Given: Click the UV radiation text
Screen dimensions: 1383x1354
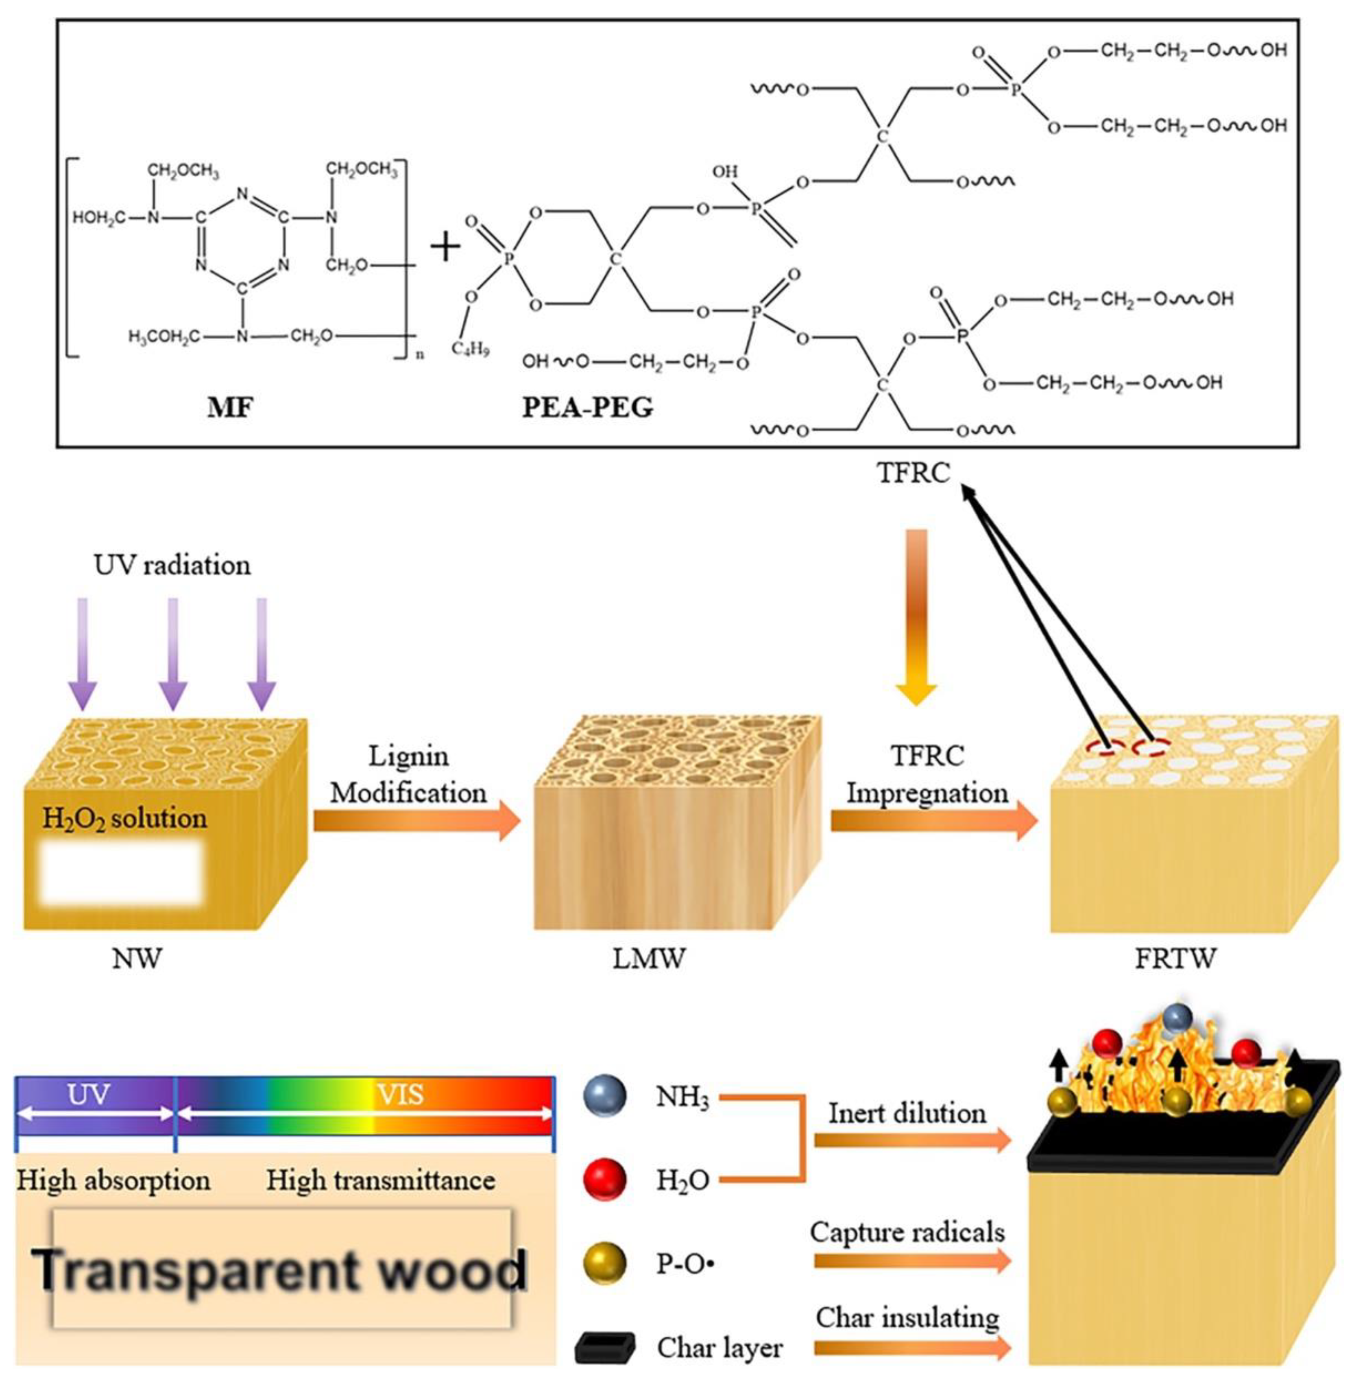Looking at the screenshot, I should pos(172,566).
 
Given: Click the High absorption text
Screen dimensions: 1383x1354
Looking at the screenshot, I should pos(114,1181).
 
